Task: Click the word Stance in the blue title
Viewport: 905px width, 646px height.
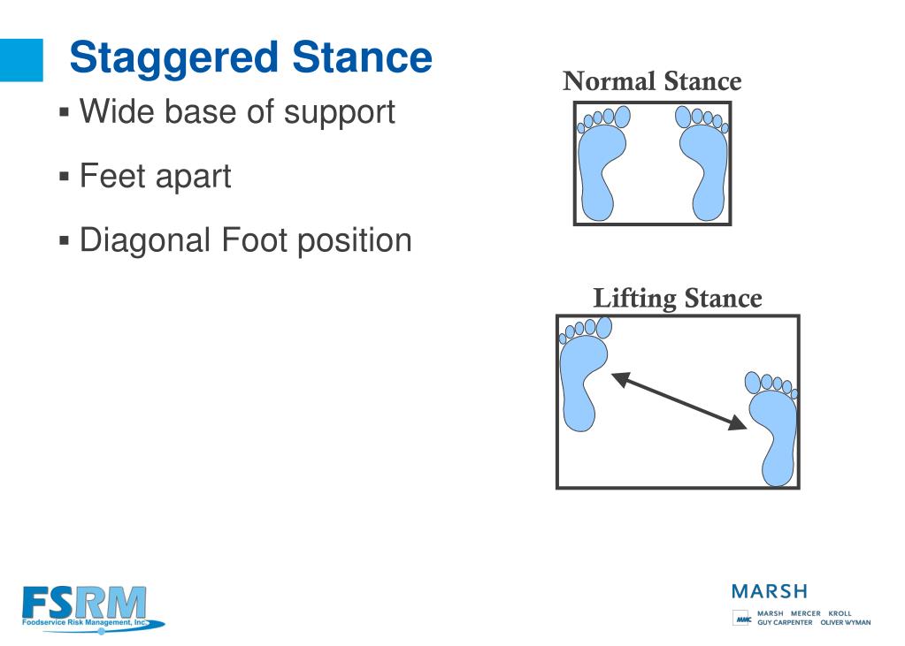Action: tap(362, 57)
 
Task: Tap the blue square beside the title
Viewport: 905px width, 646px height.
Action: tap(21, 60)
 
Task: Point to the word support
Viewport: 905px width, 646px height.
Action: tap(340, 113)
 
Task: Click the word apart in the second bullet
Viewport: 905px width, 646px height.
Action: tap(194, 177)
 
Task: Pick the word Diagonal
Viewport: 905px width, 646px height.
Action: tap(145, 240)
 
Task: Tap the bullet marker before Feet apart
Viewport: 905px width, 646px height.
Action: tap(64, 175)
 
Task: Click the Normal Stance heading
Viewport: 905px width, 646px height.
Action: tap(652, 80)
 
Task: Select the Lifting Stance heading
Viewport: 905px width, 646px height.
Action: tap(678, 299)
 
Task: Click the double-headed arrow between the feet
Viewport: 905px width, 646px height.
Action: tap(679, 401)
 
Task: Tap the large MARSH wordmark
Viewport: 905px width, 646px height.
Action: tap(770, 591)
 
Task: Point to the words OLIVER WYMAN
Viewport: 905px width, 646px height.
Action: tap(846, 622)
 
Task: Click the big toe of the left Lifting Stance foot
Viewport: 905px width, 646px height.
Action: tap(603, 327)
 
